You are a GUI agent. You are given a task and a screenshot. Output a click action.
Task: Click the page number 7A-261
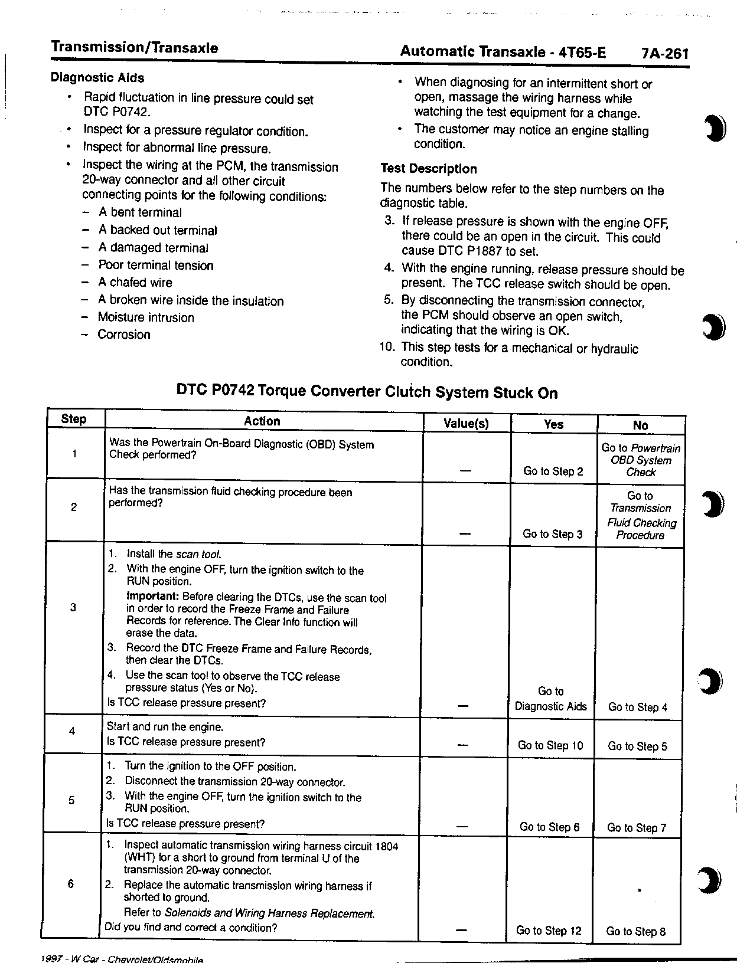tap(665, 54)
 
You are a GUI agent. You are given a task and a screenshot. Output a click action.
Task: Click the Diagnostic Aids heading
tap(97, 77)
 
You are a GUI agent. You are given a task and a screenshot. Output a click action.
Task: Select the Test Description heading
tap(428, 169)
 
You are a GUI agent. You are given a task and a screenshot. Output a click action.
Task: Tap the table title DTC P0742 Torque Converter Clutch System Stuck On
tap(367, 392)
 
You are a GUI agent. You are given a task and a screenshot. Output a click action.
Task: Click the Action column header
tap(262, 421)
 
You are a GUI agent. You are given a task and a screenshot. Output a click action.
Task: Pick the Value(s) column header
tap(466, 424)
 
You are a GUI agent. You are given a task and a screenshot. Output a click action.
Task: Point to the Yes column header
tap(553, 424)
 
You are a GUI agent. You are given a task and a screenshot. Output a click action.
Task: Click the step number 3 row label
tap(73, 607)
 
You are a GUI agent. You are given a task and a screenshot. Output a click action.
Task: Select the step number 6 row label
tap(71, 884)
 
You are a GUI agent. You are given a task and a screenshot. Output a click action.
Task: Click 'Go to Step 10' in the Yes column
tap(550, 745)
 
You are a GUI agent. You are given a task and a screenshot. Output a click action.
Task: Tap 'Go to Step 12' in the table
tap(549, 931)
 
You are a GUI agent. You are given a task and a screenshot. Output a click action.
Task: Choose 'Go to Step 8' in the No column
tap(636, 932)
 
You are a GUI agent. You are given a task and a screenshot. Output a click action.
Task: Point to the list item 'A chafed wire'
tap(135, 283)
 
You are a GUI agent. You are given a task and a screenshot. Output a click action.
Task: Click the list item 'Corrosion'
tap(124, 335)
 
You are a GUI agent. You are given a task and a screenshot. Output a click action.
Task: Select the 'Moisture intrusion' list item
tap(146, 317)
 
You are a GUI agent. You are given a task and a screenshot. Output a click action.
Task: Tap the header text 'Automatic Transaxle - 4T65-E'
tap(503, 52)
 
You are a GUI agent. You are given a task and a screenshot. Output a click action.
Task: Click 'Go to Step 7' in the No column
tap(637, 828)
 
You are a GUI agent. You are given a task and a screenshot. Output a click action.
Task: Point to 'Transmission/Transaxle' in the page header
tap(135, 48)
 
